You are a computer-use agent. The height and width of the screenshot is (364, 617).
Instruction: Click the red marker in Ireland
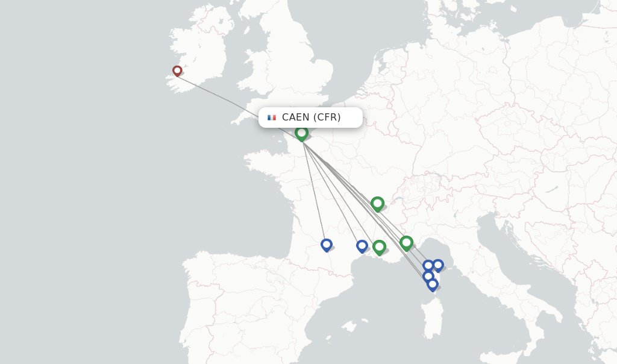coord(177,71)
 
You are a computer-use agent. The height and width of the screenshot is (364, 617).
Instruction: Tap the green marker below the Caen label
coord(301,133)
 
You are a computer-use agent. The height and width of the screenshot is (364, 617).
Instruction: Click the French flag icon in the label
coord(272,118)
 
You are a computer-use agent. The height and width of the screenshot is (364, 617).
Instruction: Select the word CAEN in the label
coord(295,118)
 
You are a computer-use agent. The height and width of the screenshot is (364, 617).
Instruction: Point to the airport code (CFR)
coord(327,118)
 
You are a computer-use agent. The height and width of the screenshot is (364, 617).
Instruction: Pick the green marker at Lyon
coord(377,204)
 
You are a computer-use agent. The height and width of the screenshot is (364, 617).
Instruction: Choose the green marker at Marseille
coord(379,246)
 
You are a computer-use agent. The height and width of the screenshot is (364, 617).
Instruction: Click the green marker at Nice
coord(406,243)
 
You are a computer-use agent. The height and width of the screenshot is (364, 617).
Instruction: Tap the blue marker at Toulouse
coord(327,245)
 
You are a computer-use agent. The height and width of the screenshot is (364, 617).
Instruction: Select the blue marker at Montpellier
coord(362,246)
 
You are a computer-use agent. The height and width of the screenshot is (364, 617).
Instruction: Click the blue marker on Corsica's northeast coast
coord(438,265)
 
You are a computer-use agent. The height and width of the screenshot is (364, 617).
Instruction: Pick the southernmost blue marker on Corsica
coord(432,284)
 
